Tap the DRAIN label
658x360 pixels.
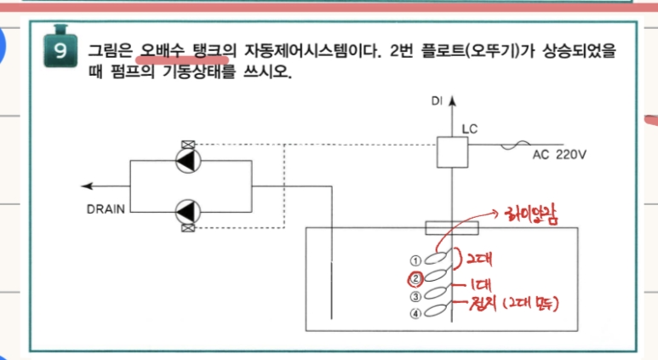[106, 207]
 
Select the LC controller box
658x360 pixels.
[452, 153]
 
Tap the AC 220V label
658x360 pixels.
[560, 156]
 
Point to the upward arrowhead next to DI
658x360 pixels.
[452, 100]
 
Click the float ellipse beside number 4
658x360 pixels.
[437, 312]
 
